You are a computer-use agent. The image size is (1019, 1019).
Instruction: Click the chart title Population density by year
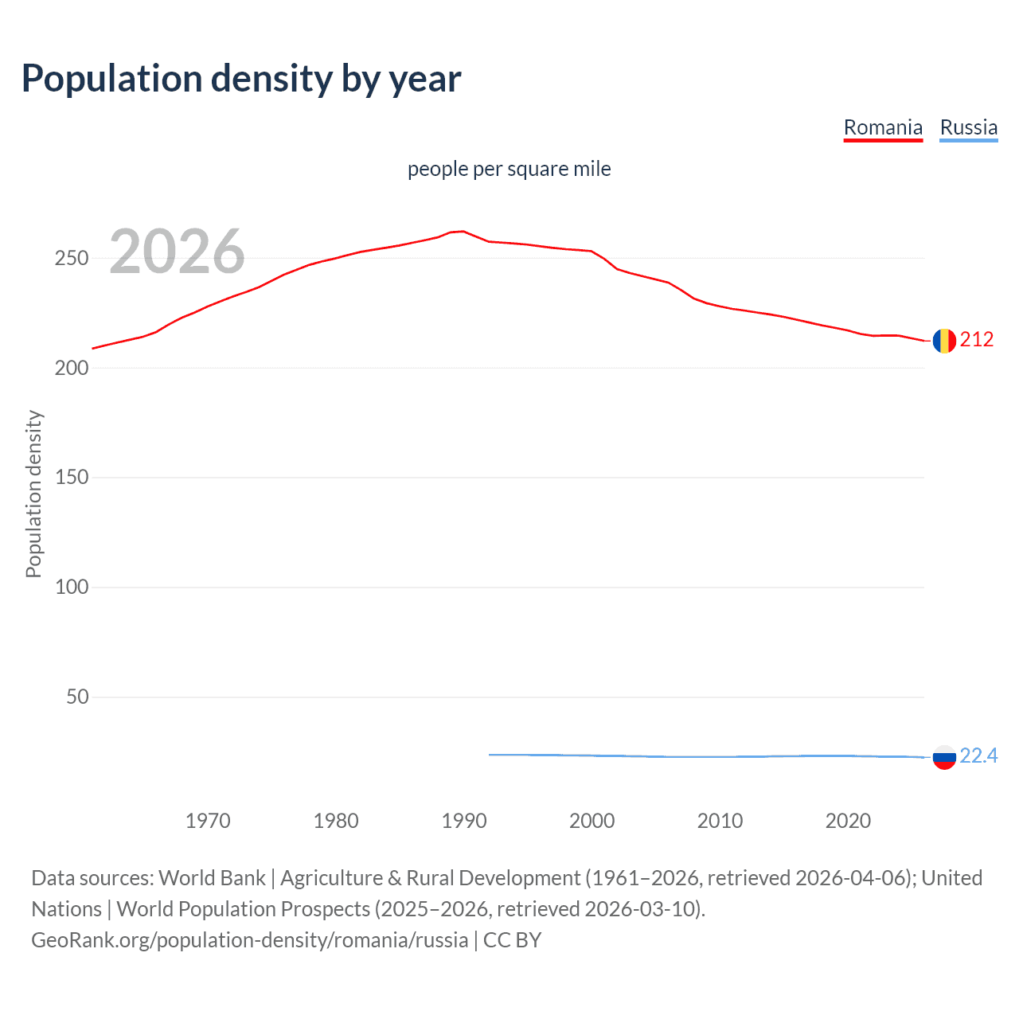coord(241,79)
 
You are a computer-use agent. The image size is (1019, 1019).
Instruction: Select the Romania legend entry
coord(883,127)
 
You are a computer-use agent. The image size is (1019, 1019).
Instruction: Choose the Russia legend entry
coord(968,127)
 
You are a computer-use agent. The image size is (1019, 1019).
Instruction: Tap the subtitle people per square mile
coord(509,169)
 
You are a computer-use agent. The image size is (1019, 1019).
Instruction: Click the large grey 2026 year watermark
coord(177,252)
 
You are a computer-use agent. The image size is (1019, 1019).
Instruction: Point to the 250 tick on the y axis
coord(72,259)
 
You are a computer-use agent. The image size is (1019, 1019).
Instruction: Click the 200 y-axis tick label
coord(72,369)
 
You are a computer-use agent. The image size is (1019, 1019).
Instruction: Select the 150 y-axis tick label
coord(72,478)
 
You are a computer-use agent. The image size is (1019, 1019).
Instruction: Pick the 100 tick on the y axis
coord(72,588)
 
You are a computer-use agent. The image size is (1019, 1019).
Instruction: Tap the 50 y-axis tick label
coord(77,697)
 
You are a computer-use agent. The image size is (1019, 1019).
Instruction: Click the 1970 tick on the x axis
coord(208,821)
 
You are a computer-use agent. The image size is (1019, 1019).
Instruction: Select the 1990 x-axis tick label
coord(464,821)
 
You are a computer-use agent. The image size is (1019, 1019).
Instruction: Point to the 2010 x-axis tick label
coord(720,821)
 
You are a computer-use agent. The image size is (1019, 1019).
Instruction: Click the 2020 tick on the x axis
coord(848,821)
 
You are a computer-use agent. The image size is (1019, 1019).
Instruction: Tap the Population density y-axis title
coord(33,494)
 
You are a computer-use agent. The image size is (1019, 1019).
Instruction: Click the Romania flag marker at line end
coord(944,341)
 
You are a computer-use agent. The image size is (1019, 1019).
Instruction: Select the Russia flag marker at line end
coord(944,757)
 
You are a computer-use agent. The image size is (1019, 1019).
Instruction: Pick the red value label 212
coord(977,340)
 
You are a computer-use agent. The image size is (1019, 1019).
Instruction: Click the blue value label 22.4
coord(978,756)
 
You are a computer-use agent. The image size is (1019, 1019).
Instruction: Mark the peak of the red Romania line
coord(463,232)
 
